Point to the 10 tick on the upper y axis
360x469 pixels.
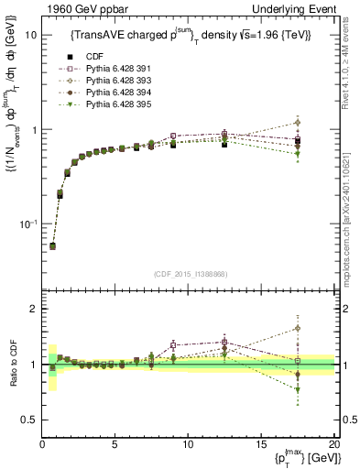(30, 35)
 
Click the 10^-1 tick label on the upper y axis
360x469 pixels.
(27, 224)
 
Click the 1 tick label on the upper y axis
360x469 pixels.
(34, 130)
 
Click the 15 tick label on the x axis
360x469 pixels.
(260, 445)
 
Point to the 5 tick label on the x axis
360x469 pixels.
(115, 445)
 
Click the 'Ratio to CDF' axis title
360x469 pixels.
(12, 365)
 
